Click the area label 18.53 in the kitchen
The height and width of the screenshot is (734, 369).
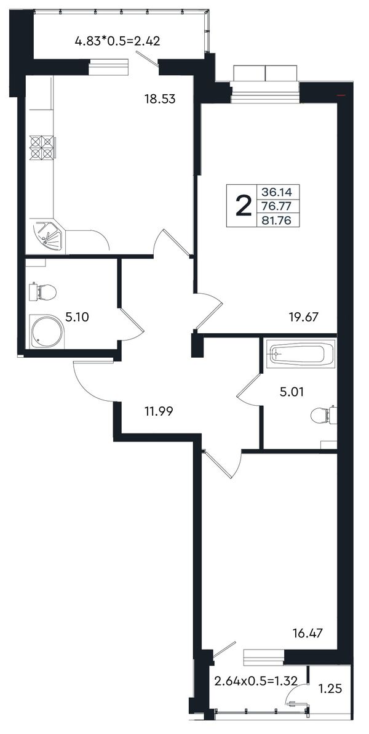pos(159,99)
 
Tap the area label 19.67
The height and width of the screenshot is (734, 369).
pos(304,317)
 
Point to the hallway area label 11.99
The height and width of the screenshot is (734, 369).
pos(159,411)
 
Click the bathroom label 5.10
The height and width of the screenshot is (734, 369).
pos(77,317)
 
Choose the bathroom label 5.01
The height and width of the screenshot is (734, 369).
pos(292,392)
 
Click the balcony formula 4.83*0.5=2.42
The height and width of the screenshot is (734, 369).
pos(118,41)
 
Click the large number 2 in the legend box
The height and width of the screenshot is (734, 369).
pos(243,206)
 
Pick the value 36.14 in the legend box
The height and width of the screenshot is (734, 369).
pos(274,192)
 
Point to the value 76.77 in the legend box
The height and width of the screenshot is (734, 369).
pos(274,206)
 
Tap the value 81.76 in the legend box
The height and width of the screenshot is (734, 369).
pos(274,220)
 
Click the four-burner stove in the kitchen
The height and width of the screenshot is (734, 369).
pos(42,148)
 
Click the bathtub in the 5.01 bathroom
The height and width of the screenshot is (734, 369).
pos(300,353)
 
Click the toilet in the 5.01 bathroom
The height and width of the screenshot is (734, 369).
pos(324,415)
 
